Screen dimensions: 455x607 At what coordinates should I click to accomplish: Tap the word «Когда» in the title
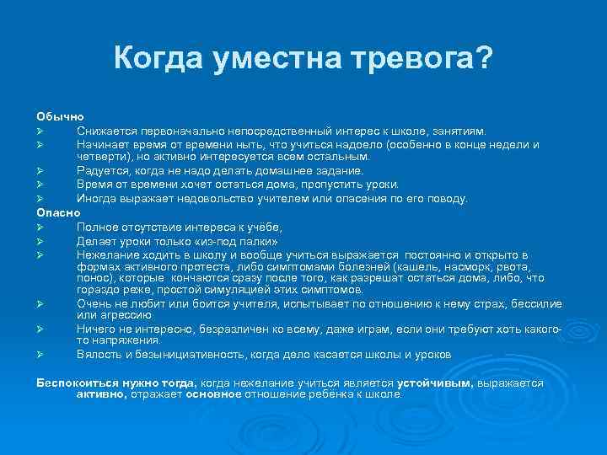coord(155,60)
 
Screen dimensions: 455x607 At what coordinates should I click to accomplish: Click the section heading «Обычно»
coord(59,116)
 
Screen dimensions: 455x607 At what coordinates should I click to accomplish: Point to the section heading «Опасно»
coord(57,213)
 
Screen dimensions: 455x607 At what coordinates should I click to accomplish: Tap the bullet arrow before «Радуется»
coord(40,171)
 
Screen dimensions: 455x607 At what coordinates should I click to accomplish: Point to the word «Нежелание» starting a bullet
coord(108,254)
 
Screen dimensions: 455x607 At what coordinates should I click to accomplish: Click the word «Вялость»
coord(99,355)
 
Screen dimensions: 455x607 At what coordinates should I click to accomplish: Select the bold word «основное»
coord(213,393)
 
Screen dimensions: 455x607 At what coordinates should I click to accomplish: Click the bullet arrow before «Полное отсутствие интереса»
coord(40,227)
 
